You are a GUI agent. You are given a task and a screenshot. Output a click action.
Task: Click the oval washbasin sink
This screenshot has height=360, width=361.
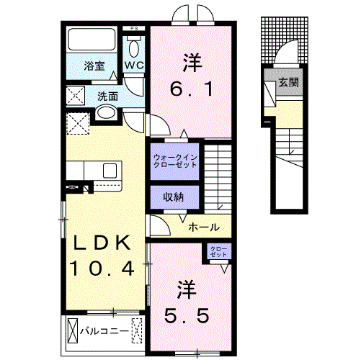click(106, 113)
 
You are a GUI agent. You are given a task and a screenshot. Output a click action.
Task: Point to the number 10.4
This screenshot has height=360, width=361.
click(102, 269)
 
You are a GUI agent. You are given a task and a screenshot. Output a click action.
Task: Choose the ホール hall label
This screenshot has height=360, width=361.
click(204, 228)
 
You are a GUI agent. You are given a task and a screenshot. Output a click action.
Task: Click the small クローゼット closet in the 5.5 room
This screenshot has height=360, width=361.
click(218, 253)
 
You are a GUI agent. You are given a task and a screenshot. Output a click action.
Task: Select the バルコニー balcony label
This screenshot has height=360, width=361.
click(104, 331)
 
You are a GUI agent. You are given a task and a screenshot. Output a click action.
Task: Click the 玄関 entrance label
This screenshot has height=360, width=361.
click(290, 81)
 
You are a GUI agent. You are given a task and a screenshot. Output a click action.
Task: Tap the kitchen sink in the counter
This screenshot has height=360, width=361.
click(110, 171)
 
